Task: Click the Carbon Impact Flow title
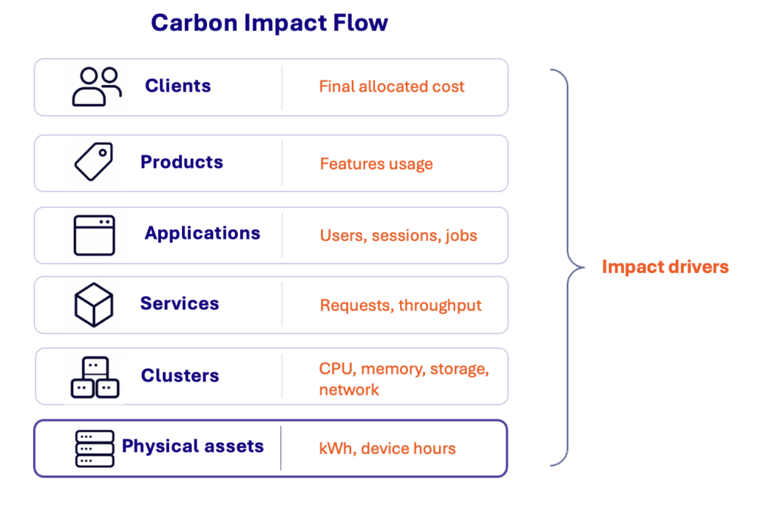pos(269,23)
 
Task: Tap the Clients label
pos(178,86)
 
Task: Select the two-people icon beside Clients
pos(97,87)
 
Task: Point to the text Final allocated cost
pos(392,87)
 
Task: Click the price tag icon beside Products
pos(94,162)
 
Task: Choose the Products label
pos(182,162)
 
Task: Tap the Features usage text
pos(376,164)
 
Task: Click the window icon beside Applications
pos(94,235)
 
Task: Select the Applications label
pos(203,234)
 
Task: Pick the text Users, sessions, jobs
pos(398,236)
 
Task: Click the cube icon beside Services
pos(94,305)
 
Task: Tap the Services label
pos(180,303)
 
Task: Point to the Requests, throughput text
pos(401,305)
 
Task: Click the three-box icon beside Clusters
pos(95,377)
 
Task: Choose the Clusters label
pos(180,375)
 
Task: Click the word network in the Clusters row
pos(349,390)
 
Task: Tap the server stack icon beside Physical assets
pos(95,449)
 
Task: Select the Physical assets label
pos(193,446)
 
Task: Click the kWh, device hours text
pos(387,449)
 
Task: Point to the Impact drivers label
pos(665,267)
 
